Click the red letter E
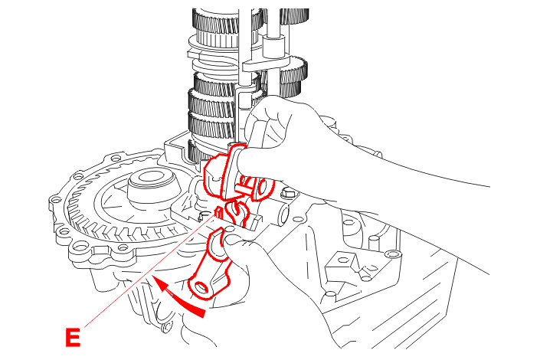click(73, 337)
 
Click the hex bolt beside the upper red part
click(288, 192)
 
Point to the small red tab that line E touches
click(218, 213)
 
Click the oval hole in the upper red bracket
click(263, 188)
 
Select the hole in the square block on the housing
click(342, 259)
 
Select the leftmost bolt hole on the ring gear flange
click(54, 200)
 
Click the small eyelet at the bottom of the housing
click(167, 326)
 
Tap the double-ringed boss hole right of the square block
click(392, 254)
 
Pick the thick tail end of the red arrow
click(199, 312)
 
